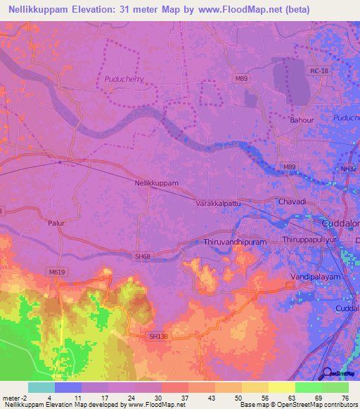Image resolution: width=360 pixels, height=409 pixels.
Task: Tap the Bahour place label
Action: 302,120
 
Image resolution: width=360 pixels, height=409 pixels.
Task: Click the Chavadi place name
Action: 292,202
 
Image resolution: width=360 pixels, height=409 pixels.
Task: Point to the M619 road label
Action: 56,271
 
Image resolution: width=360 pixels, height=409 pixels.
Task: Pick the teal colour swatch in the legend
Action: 41,387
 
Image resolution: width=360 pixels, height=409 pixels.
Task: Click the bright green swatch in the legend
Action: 309,387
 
